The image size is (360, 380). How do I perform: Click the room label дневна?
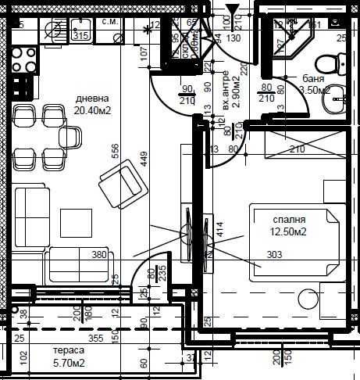92,99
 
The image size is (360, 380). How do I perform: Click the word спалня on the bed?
288,220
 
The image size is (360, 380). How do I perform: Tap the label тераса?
69,351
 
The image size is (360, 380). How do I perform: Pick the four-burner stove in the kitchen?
21,59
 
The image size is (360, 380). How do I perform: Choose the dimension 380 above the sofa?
99,254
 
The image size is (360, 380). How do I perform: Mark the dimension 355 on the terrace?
95,339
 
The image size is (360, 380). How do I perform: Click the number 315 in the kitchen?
80,35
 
